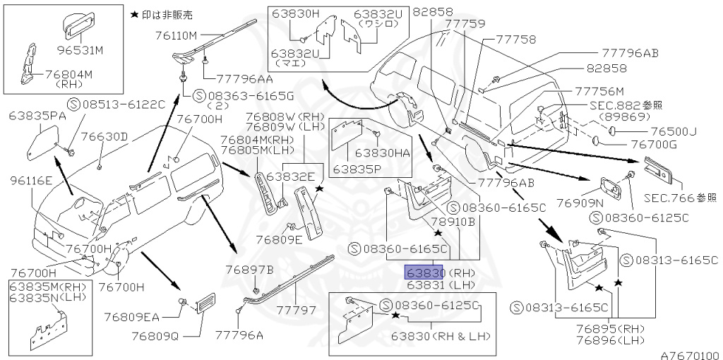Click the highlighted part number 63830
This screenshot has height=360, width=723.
point(424,272)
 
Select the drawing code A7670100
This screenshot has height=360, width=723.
point(690,355)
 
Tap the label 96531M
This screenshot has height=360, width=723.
point(80,52)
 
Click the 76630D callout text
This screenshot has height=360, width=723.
point(104,136)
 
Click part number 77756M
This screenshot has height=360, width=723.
point(599,91)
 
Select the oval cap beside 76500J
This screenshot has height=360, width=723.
point(614,131)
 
